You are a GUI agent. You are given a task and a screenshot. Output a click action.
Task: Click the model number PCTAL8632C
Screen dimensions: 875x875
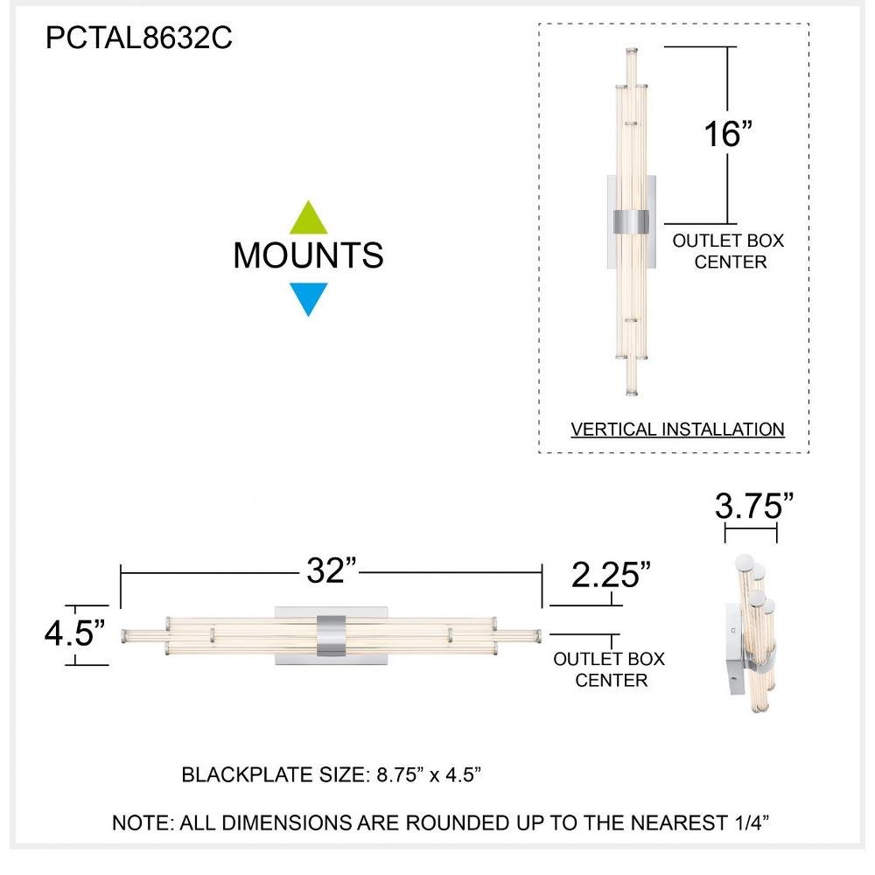tap(138, 38)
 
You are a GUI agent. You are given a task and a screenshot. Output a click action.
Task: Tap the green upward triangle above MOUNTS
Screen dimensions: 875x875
tap(309, 218)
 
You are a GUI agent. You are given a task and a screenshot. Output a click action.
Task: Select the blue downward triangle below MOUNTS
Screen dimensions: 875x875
tap(309, 299)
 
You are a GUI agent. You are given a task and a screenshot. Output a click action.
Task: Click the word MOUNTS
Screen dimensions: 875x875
tap(309, 255)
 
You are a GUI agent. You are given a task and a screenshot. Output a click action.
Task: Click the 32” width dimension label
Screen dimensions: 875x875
tap(332, 570)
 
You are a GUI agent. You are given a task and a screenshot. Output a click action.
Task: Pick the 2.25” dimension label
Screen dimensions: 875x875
tap(611, 575)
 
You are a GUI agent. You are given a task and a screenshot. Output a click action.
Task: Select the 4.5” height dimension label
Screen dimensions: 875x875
tap(74, 633)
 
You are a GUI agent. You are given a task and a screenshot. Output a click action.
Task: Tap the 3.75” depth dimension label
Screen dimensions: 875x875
tap(754, 506)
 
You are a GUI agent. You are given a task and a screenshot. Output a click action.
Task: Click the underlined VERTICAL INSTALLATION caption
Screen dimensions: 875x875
tap(677, 429)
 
